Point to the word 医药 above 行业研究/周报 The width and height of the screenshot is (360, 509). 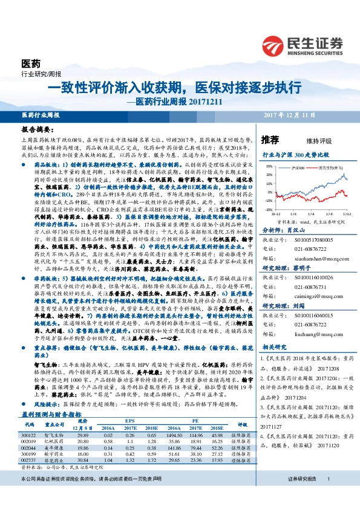coord(30,63)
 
